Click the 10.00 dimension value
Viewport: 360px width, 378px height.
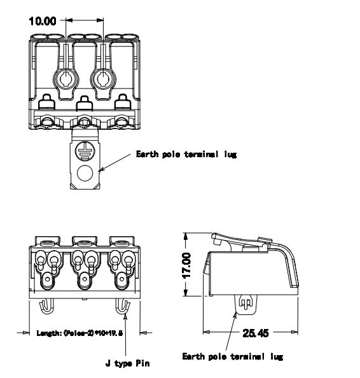pos(45,20)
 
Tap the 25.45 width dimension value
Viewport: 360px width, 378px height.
pos(254,332)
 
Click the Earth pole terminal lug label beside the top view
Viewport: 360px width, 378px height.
pos(186,155)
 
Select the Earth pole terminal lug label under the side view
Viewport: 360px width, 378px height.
pos(232,356)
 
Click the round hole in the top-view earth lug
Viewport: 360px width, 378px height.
pos(85,173)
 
